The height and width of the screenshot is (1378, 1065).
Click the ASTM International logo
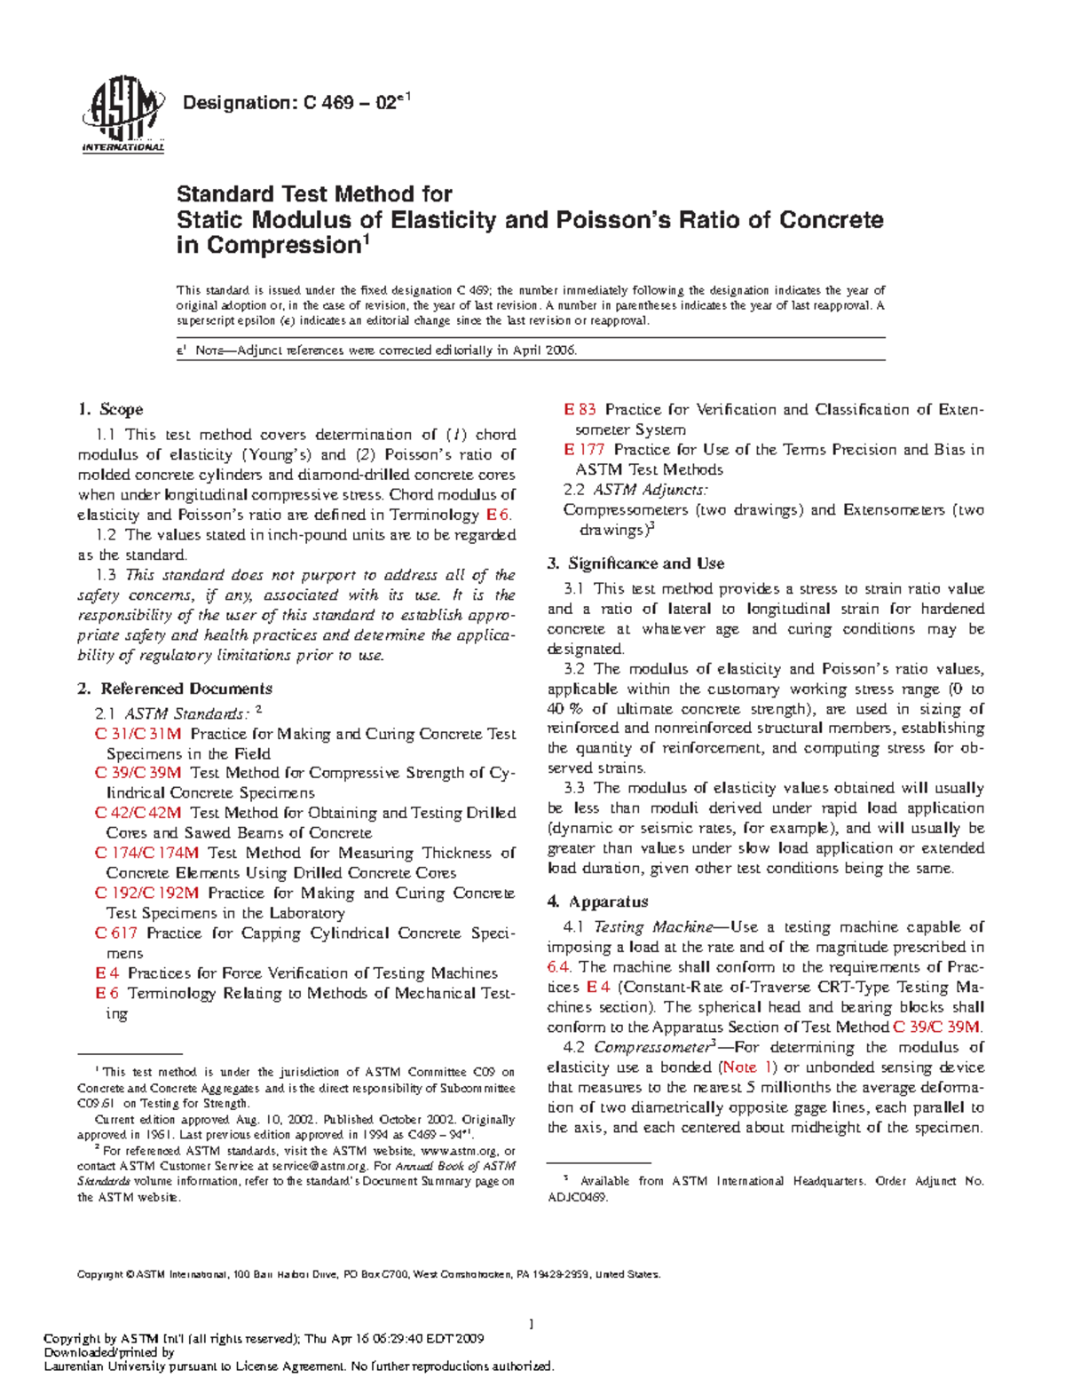pos(122,116)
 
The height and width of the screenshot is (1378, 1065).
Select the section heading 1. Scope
pos(110,409)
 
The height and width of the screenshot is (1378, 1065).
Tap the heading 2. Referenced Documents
pos(175,689)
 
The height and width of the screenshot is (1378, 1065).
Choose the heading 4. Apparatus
pos(597,902)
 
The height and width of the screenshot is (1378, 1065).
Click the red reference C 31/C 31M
pos(138,734)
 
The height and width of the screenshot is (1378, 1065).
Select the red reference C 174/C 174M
pos(147,853)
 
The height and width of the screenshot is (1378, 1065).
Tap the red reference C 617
pos(116,933)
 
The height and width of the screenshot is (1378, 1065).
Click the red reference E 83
pos(580,409)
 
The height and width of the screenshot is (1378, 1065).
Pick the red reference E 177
pos(585,450)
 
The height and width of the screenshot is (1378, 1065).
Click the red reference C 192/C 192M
pos(147,893)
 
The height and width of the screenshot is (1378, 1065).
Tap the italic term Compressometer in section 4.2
pos(651,1047)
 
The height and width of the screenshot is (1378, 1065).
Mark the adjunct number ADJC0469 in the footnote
pos(578,1197)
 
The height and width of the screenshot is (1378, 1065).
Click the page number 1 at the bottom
pos(531,1325)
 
